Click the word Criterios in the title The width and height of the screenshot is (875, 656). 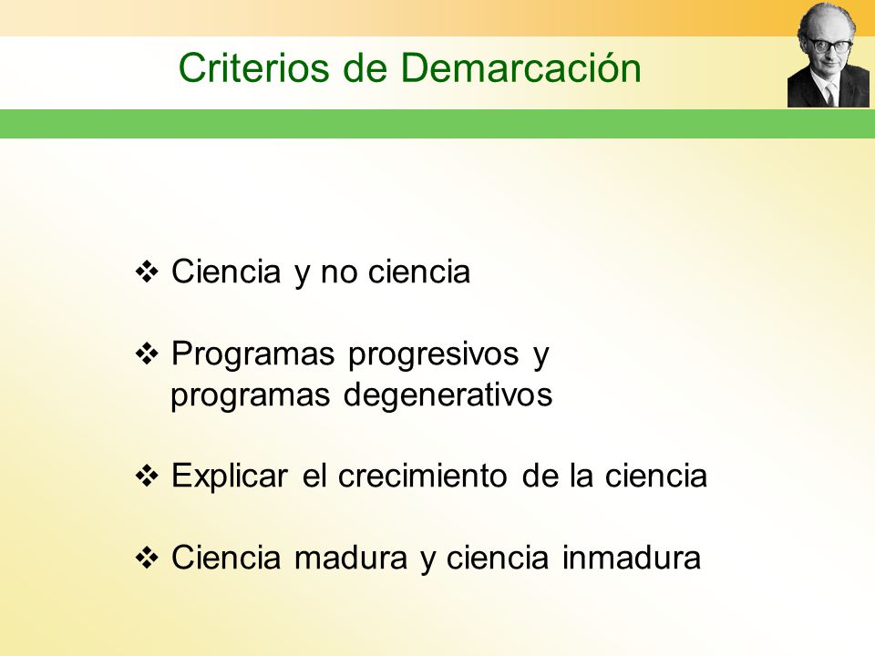click(254, 68)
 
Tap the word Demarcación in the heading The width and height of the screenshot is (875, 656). click(520, 68)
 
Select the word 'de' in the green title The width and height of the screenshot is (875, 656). click(365, 68)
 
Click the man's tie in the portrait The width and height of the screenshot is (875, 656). click(830, 94)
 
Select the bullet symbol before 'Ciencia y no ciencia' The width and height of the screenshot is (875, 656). click(148, 272)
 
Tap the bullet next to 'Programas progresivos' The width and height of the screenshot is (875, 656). click(148, 354)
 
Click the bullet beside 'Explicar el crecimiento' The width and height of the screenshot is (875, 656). click(148, 476)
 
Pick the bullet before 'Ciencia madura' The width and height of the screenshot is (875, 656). click(148, 558)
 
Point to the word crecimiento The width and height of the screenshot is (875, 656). click(422, 476)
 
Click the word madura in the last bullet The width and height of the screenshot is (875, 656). click(351, 558)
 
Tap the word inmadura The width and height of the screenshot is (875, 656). click(631, 558)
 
